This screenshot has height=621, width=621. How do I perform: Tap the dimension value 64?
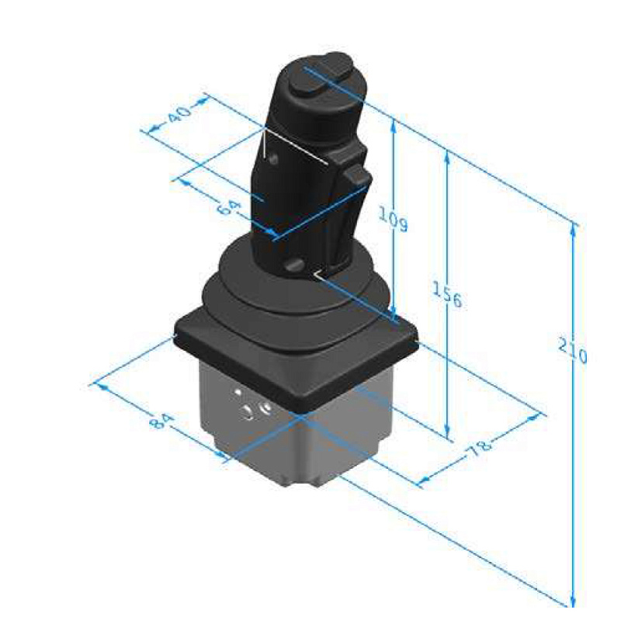pyautogui.click(x=229, y=208)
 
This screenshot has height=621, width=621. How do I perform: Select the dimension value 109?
pyautogui.click(x=393, y=219)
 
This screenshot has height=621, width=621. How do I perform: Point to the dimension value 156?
pyautogui.click(x=447, y=294)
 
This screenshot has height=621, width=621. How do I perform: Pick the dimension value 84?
pyautogui.click(x=161, y=421)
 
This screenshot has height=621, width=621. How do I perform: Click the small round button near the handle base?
pyautogui.click(x=295, y=265)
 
